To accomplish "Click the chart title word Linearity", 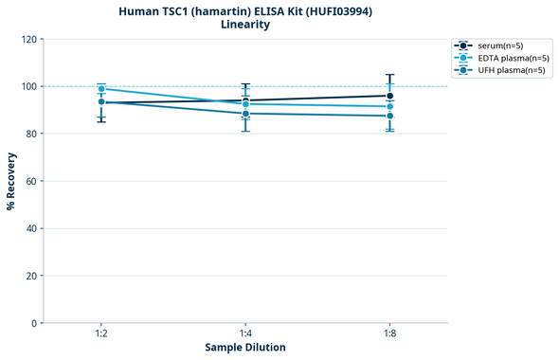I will tap(245, 25).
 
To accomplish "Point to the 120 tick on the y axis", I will tap(28, 39).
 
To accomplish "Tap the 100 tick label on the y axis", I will tap(28, 86).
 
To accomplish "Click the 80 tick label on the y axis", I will tap(31, 134).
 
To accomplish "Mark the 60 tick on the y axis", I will tap(31, 181).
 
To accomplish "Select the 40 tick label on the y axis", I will tap(31, 228).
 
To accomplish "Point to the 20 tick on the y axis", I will tap(31, 276).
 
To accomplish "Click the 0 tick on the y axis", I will tap(34, 323).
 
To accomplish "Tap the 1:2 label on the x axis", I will tap(101, 334).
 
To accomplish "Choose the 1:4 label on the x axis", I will tap(245, 334).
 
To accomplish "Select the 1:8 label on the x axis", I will tap(389, 334).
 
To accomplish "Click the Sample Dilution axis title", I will tap(245, 348).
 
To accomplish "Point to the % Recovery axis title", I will tap(11, 181).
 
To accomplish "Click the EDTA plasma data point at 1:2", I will tap(101, 89).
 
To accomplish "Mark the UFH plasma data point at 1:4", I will tap(245, 114).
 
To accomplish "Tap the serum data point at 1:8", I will tap(389, 96).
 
